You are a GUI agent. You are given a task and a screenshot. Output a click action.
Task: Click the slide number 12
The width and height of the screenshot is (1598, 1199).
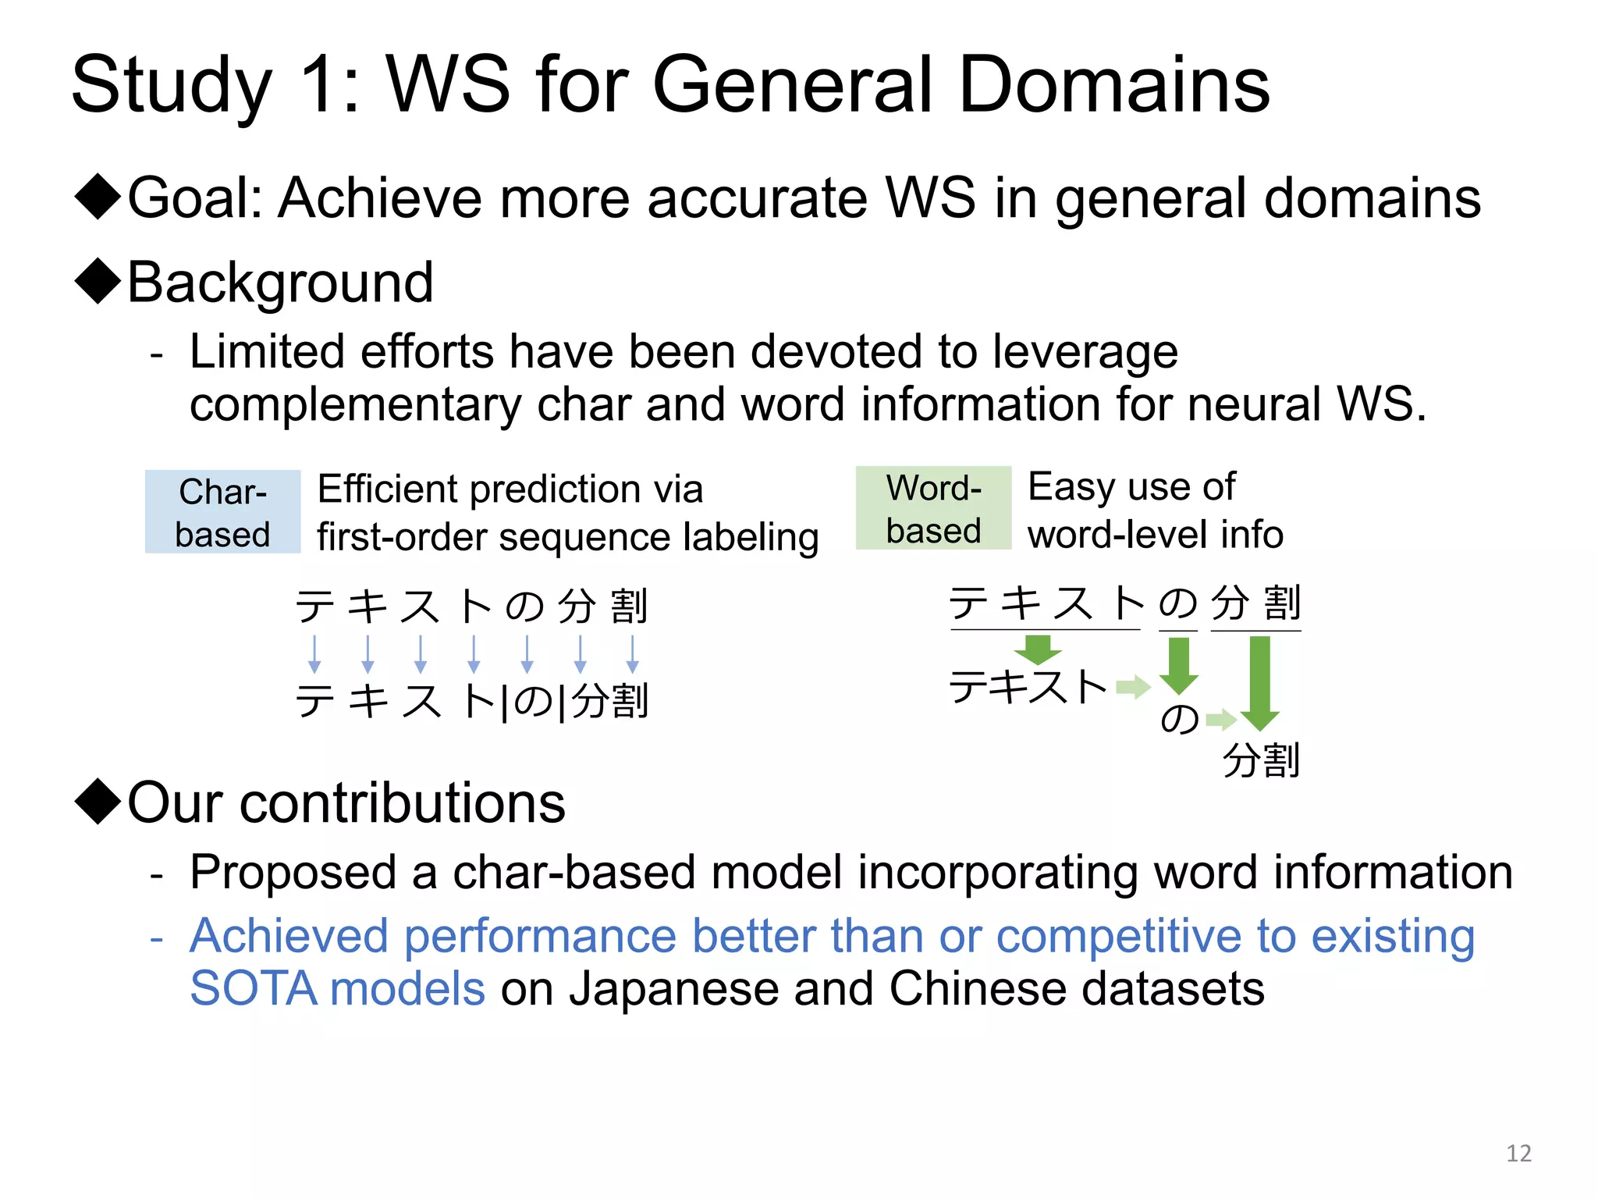click(x=1518, y=1153)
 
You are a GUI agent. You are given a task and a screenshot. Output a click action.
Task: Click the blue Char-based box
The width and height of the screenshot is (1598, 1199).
click(x=222, y=512)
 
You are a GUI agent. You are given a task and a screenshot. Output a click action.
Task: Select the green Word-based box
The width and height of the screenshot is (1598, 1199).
click(x=933, y=508)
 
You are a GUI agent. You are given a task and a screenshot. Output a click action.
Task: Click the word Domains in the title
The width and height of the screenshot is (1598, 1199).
click(x=1113, y=84)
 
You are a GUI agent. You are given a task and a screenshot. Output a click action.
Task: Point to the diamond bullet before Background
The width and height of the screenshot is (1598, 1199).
click(x=98, y=281)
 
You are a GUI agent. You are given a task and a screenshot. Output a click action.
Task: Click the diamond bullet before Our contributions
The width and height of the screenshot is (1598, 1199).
click(x=98, y=802)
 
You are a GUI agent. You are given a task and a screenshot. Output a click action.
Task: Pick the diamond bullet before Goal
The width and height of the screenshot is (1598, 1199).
click(x=98, y=197)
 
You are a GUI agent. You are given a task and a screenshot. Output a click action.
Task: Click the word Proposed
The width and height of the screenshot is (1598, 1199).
click(x=293, y=872)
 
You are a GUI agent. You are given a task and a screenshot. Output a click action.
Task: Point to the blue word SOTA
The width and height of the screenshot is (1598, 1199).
click(x=254, y=988)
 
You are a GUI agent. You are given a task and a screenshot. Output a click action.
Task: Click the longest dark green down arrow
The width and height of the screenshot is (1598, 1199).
click(x=1259, y=681)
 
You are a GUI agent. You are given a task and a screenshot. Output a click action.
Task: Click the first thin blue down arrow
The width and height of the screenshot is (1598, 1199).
click(x=314, y=653)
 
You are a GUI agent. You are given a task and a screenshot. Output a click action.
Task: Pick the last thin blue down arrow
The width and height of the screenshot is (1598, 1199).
click(x=633, y=653)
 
